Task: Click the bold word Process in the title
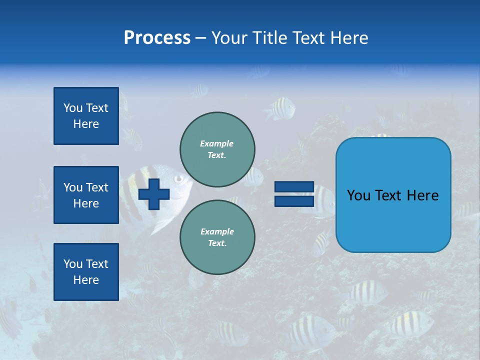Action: coord(157,38)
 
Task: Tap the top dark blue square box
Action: coord(86,116)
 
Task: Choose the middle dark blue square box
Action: coord(86,195)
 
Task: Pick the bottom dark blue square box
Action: coord(86,272)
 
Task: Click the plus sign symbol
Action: coord(154,194)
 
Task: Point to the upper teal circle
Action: coord(217,149)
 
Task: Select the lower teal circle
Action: coord(217,237)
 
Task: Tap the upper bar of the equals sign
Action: coord(294,187)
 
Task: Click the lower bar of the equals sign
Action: coord(294,201)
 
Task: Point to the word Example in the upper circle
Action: coord(216,143)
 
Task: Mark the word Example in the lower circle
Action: coord(217,231)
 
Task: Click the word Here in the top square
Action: coord(86,124)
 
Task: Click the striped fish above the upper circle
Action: coord(280,107)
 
